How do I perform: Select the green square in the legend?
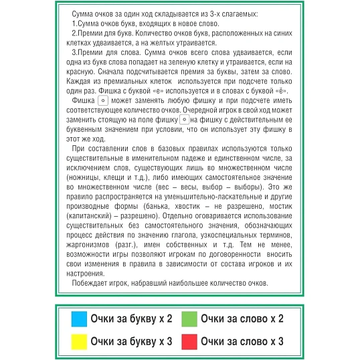[x=190, y=318]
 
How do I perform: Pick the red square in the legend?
[x=190, y=341]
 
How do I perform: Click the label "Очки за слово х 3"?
[x=243, y=341]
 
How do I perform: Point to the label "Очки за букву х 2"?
[x=132, y=318]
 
